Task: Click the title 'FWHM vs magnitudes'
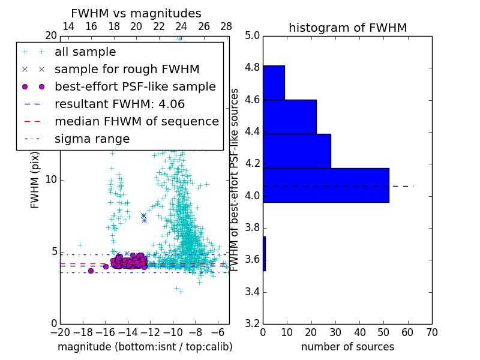click(136, 13)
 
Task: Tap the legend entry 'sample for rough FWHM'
click(127, 69)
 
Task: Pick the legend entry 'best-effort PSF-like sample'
click(135, 86)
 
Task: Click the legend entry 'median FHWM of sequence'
click(136, 121)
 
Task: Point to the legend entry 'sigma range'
click(92, 139)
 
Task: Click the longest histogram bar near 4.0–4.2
click(326, 185)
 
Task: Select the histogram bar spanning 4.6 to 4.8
click(274, 82)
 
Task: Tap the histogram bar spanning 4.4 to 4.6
click(289, 116)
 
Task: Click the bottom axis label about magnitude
click(145, 347)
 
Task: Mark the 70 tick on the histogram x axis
click(431, 332)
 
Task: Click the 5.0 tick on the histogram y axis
click(252, 35)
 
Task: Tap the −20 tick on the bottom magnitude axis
click(60, 332)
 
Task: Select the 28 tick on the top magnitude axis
click(226, 26)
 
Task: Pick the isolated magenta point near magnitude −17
click(91, 271)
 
